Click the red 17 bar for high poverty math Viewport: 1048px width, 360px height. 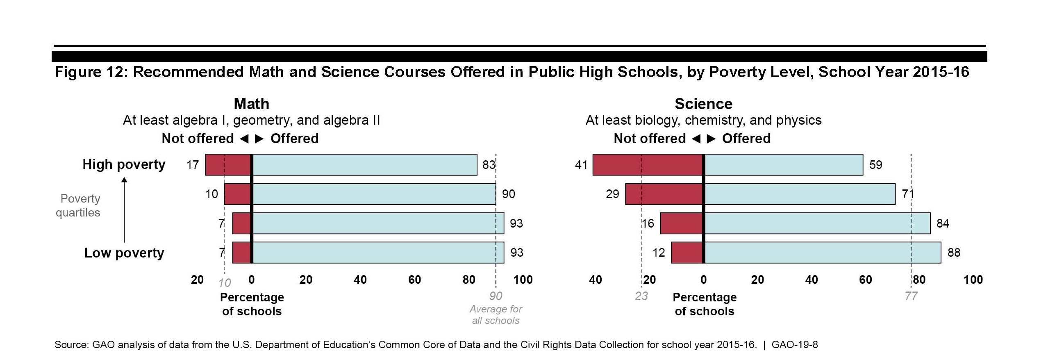(x=227, y=165)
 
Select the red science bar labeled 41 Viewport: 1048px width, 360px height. (x=648, y=165)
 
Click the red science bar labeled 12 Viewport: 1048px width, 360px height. (x=687, y=253)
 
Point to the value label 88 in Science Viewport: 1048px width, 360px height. (x=954, y=253)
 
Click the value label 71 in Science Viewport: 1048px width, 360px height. (x=908, y=194)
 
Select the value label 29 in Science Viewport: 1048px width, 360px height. (x=612, y=194)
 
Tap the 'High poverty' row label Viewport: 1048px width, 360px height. (x=124, y=164)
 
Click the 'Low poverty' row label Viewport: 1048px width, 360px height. (x=124, y=253)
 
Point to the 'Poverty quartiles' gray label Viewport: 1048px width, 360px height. (x=78, y=205)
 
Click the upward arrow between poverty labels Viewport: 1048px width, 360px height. (x=125, y=209)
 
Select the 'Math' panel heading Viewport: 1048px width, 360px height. (x=251, y=104)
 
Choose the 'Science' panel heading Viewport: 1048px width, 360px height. (x=703, y=104)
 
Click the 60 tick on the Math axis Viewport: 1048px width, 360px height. (x=414, y=280)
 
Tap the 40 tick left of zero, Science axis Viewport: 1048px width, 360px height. (x=595, y=280)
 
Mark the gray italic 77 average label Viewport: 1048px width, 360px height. (x=911, y=296)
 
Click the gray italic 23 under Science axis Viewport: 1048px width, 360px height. (x=641, y=296)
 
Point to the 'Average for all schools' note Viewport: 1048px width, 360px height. (x=496, y=314)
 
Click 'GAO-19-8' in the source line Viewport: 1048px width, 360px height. (x=794, y=345)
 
